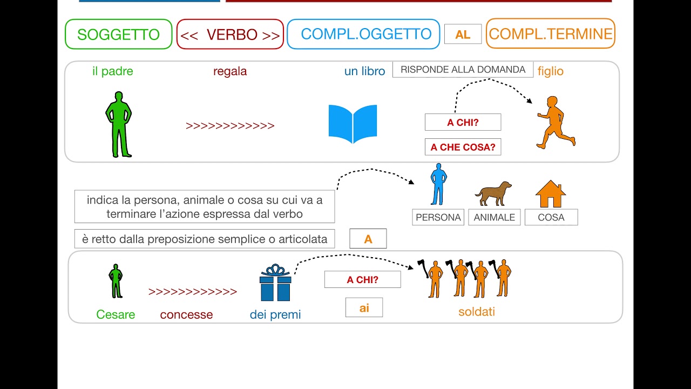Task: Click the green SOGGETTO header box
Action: tap(118, 34)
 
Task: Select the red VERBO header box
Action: tap(230, 35)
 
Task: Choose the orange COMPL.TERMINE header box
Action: tap(550, 34)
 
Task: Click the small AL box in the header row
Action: tap(463, 35)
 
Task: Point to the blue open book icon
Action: tap(353, 124)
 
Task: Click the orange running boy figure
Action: tap(555, 123)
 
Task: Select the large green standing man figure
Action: tap(118, 124)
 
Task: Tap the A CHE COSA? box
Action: tap(463, 147)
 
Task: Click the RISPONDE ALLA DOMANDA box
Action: tap(463, 70)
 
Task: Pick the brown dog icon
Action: tap(493, 193)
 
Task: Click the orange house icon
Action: tap(550, 194)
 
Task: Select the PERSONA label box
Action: tap(438, 217)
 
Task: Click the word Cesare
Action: tap(116, 314)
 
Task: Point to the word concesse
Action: tap(186, 314)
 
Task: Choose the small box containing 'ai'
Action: tap(364, 307)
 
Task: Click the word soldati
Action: tap(477, 312)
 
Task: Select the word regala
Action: tap(230, 71)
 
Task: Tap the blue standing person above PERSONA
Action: tap(438, 184)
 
